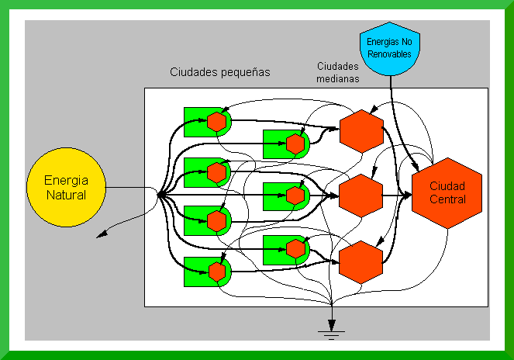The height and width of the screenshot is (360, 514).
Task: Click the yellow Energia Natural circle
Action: [66, 187]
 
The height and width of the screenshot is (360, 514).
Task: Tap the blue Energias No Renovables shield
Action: [390, 49]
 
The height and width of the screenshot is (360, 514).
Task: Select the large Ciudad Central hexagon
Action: [447, 193]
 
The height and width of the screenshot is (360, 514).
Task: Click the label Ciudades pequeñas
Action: [220, 72]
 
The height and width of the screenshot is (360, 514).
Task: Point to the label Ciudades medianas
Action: [338, 72]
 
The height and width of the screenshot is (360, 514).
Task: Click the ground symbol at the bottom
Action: [331, 335]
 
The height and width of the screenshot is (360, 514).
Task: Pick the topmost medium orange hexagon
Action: [361, 131]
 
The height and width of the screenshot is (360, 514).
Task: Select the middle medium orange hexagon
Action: [361, 196]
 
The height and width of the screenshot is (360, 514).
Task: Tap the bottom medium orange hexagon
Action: [361, 262]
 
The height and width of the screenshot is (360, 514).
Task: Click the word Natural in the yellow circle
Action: [66, 195]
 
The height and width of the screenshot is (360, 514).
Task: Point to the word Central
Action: [447, 199]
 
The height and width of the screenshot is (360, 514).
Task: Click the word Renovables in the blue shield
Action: [389, 54]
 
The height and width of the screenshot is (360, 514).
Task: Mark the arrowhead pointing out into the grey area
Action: [102, 234]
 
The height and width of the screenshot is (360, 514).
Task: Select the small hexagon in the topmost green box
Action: [216, 122]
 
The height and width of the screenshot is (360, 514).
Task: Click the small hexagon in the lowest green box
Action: [217, 272]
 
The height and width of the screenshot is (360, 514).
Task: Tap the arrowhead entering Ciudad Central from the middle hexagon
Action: [406, 196]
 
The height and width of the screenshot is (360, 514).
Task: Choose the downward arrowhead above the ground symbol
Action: [331, 325]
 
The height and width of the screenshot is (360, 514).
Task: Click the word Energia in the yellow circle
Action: [66, 181]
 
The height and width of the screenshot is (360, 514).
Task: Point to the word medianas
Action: [338, 79]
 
